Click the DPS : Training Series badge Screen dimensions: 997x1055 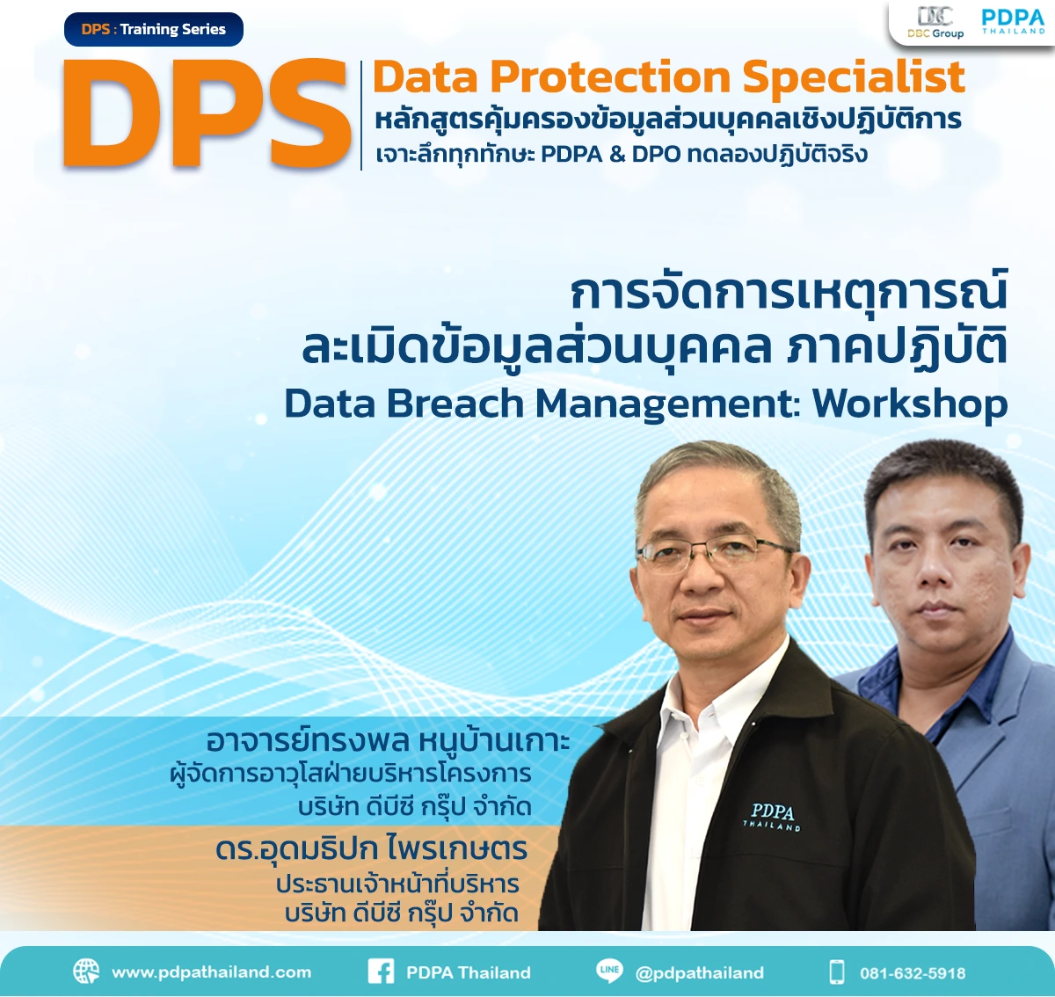pyautogui.click(x=154, y=30)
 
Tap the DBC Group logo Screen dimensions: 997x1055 pyautogui.click(x=935, y=23)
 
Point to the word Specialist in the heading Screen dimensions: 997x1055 pyautogui.click(x=854, y=77)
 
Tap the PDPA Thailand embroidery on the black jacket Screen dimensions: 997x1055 pyautogui.click(x=772, y=816)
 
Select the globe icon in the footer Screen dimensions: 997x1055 pyautogui.click(x=86, y=972)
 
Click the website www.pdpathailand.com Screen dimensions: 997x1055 pyautogui.click(x=211, y=972)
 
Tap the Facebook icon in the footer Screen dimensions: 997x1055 pyautogui.click(x=381, y=972)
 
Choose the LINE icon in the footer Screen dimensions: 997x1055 pyautogui.click(x=609, y=971)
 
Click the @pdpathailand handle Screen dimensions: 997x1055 pyautogui.click(x=699, y=972)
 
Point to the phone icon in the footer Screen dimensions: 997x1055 pyautogui.click(x=837, y=972)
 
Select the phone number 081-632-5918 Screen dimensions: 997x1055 pyautogui.click(x=913, y=973)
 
